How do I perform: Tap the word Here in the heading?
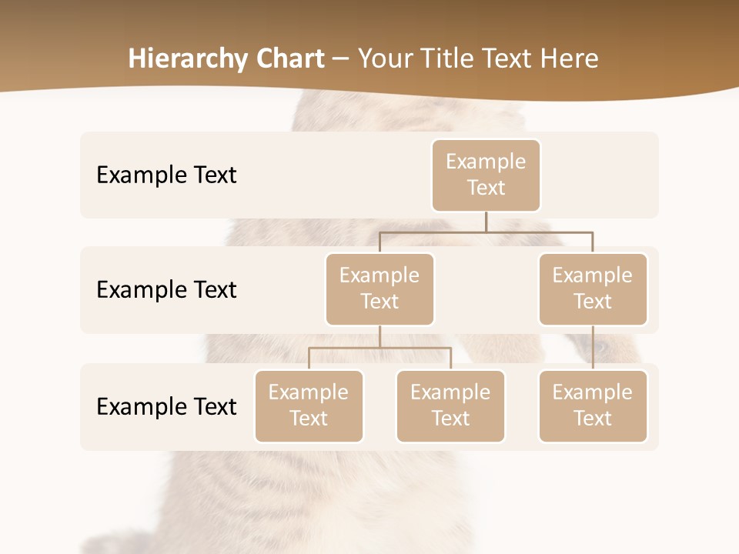tap(571, 58)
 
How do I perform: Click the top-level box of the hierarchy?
tap(486, 175)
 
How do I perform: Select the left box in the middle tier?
tap(380, 289)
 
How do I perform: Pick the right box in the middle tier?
tap(593, 289)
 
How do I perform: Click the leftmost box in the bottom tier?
tap(309, 405)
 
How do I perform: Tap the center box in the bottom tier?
tap(450, 405)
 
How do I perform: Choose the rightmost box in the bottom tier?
tap(593, 405)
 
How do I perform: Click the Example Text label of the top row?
tap(166, 175)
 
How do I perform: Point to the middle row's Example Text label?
tap(166, 289)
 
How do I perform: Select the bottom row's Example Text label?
tap(166, 406)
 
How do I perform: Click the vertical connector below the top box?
tap(486, 222)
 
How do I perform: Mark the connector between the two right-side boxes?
tap(593, 348)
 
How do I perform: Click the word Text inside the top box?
tap(486, 188)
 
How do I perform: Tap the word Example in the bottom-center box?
tap(450, 392)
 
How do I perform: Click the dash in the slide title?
tap(340, 58)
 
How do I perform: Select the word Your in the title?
tap(383, 58)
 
